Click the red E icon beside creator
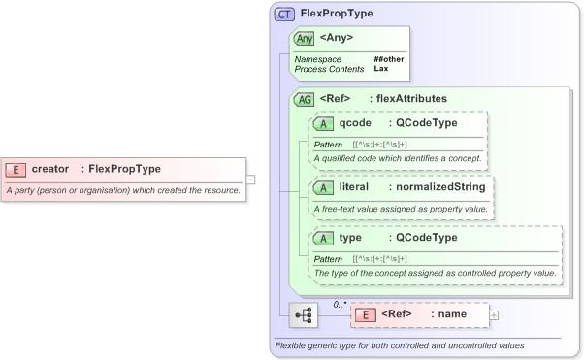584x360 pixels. coord(16,169)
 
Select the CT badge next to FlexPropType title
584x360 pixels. coord(285,15)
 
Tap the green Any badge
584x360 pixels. coord(305,38)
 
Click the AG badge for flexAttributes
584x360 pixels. coord(305,98)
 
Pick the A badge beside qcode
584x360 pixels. coord(324,123)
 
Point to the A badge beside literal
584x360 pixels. coord(324,186)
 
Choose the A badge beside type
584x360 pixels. coord(324,238)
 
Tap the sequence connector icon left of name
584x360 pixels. coord(304,314)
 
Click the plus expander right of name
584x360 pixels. coord(494,314)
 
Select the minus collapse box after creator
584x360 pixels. coord(250,179)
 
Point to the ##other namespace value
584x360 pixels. coord(389,59)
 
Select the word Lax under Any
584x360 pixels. coord(381,69)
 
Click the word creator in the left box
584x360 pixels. coord(50,169)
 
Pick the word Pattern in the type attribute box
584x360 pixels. coord(328,259)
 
